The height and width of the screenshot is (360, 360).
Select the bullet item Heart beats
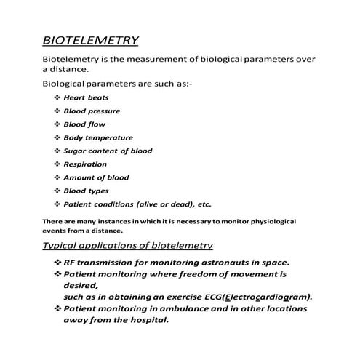click(x=82, y=97)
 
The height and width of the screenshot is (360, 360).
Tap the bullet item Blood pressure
click(x=91, y=111)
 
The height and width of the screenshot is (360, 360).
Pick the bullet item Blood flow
click(x=84, y=124)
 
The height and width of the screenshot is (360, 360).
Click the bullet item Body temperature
click(x=97, y=137)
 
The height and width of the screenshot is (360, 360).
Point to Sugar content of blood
click(x=108, y=151)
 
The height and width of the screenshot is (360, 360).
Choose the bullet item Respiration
click(x=84, y=164)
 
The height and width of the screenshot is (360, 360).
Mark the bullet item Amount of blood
click(x=96, y=177)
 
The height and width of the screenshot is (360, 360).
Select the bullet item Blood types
click(x=86, y=191)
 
